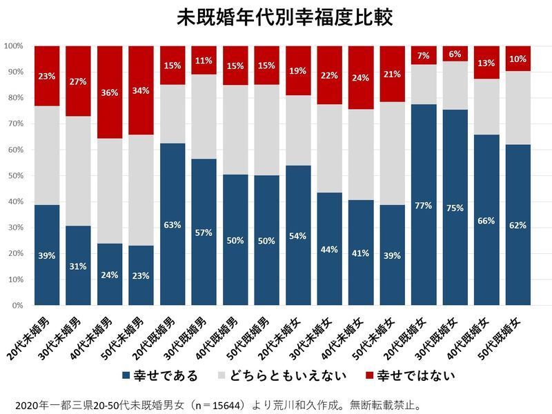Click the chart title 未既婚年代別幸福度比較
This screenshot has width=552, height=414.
point(276,17)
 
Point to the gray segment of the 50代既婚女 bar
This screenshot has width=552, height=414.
point(518,108)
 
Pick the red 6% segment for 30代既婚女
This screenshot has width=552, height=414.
point(455,54)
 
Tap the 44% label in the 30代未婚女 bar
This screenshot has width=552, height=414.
point(329,249)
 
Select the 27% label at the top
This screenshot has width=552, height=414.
point(78,81)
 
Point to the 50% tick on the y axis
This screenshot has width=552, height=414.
point(14,175)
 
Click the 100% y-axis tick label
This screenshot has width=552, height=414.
point(13,46)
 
